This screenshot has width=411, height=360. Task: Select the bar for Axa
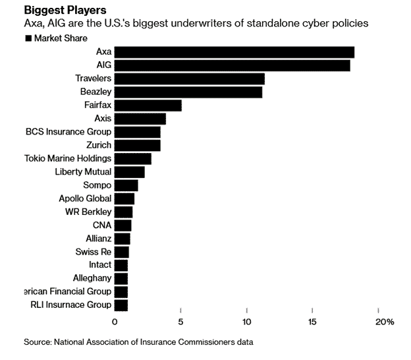pyautogui.click(x=234, y=52)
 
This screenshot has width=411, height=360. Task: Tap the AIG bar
pyautogui.click(x=232, y=65)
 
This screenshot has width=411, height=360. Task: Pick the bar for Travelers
pyautogui.click(x=189, y=79)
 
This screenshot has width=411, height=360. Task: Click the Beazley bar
pyautogui.click(x=188, y=92)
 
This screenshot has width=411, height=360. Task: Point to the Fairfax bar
pyautogui.click(x=148, y=105)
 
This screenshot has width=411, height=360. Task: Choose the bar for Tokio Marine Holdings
pyautogui.click(x=132, y=159)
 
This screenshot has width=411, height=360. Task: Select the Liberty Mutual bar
pyautogui.click(x=129, y=172)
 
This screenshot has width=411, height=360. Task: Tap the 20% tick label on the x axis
pyautogui.click(x=384, y=322)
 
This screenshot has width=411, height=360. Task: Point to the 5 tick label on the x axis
pyautogui.click(x=180, y=322)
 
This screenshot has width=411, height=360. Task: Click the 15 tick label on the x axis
pyautogui.click(x=313, y=322)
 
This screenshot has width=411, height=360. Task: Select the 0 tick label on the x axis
pyautogui.click(x=115, y=322)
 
